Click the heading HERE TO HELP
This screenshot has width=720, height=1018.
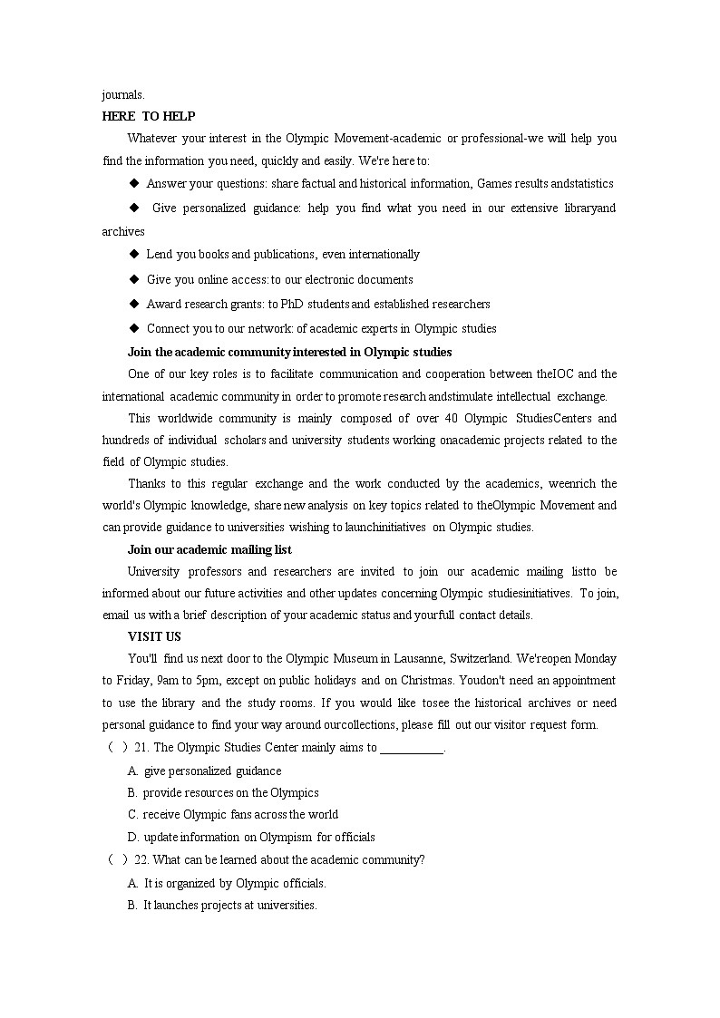pyautogui.click(x=149, y=116)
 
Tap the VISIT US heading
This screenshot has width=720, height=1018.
pyautogui.click(x=154, y=636)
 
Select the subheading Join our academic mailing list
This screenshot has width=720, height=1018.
pyautogui.click(x=209, y=549)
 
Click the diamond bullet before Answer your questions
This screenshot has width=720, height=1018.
pyautogui.click(x=133, y=183)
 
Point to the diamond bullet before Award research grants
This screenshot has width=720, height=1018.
pyautogui.click(x=133, y=304)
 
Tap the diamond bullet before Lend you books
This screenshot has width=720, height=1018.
pyautogui.click(x=133, y=255)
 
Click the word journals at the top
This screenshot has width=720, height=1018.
pyautogui.click(x=122, y=94)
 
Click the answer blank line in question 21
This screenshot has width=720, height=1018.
pyautogui.click(x=412, y=749)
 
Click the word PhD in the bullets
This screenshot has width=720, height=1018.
pyautogui.click(x=292, y=304)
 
